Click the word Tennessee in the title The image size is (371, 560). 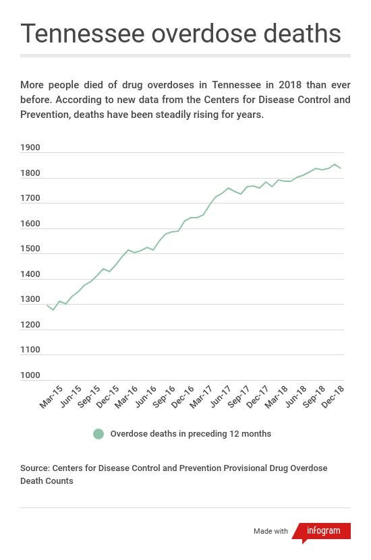[82, 33]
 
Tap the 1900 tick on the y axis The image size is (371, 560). [30, 148]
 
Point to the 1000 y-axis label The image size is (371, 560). [30, 375]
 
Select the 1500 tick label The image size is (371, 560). [30, 249]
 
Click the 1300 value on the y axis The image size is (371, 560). [30, 299]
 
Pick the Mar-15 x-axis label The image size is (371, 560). [51, 397]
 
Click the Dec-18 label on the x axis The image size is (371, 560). [333, 397]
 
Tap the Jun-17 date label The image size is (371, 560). [221, 396]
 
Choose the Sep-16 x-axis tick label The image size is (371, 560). [164, 397]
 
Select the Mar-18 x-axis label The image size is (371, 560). [277, 397]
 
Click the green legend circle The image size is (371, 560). [98, 434]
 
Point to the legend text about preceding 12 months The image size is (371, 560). [190, 433]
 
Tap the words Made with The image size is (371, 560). [270, 531]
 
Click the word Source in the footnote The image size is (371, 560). [35, 468]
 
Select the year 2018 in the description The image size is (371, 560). [290, 85]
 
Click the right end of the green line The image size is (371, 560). [341, 168]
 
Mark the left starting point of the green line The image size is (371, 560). [47, 305]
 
